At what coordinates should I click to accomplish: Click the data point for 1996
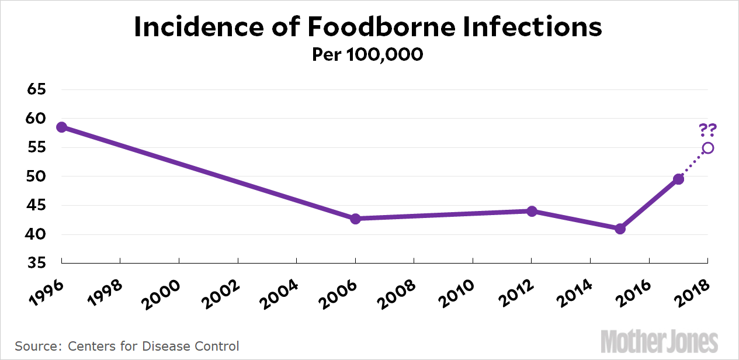(x=61, y=127)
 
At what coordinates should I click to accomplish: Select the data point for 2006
(x=355, y=219)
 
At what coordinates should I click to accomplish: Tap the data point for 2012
(x=532, y=211)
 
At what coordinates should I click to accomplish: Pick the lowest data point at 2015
(x=620, y=229)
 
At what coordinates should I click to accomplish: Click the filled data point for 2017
(x=678, y=179)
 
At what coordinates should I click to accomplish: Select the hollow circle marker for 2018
(x=708, y=148)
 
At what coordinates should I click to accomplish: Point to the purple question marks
(x=708, y=130)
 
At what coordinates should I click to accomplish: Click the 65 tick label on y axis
(x=36, y=90)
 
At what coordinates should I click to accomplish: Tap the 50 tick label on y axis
(x=36, y=176)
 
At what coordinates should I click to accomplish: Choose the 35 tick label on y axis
(x=36, y=264)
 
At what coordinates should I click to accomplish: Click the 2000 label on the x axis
(x=165, y=289)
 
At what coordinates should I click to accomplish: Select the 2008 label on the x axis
(x=400, y=289)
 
